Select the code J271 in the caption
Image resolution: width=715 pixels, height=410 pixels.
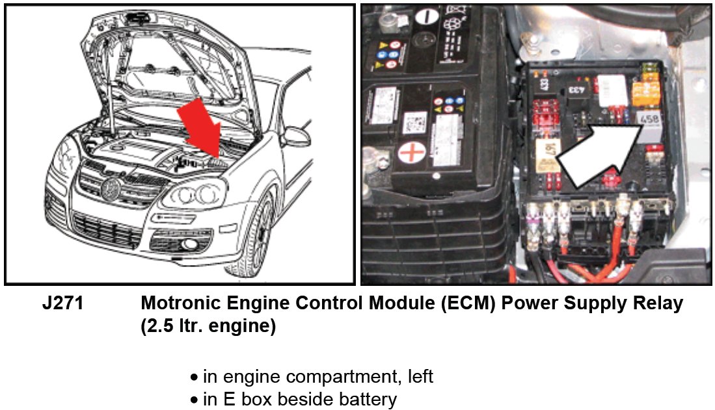point(62,303)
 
